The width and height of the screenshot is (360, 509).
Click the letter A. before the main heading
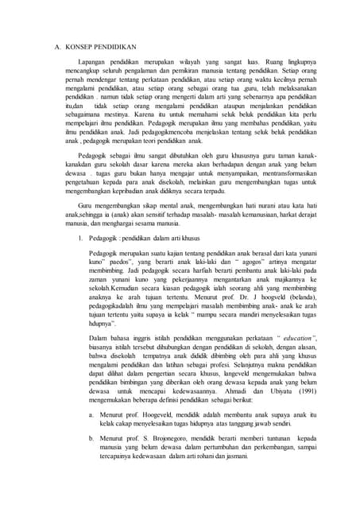tap(57, 47)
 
